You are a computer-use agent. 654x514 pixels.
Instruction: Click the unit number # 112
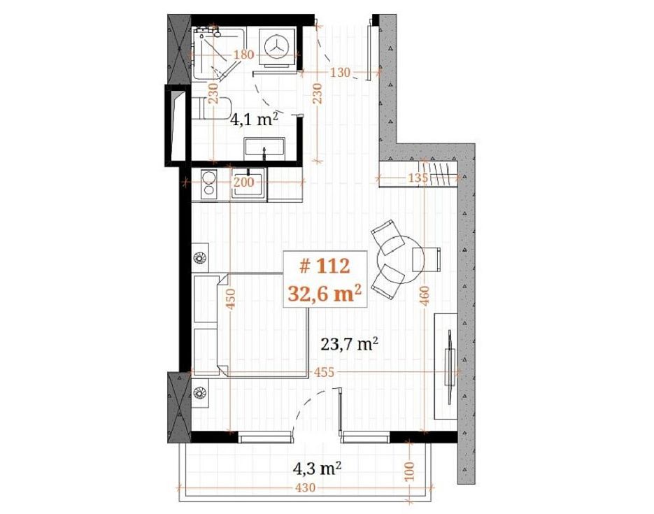tap(325, 266)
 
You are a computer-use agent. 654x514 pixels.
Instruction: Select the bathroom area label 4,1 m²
tap(254, 120)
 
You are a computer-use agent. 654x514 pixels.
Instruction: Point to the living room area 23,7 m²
tap(350, 344)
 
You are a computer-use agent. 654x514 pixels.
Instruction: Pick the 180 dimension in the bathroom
tap(243, 55)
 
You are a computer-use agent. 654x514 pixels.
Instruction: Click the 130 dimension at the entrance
tap(340, 73)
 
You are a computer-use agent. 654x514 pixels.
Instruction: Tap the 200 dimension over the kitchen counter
tap(243, 182)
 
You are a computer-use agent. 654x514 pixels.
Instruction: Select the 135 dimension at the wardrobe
tap(418, 178)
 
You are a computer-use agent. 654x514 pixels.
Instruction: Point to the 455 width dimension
tap(324, 372)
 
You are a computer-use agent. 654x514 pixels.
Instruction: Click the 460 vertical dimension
tap(424, 296)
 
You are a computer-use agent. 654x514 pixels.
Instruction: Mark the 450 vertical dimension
tap(231, 299)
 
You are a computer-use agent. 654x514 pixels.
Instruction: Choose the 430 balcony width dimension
tap(305, 487)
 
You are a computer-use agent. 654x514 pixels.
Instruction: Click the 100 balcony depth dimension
tap(410, 471)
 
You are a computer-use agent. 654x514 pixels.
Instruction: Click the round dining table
tap(401, 259)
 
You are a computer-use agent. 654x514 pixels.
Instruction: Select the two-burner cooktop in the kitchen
tap(208, 184)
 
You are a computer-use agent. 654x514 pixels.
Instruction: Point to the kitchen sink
tap(248, 182)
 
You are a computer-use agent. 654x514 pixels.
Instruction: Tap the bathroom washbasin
tap(265, 147)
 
